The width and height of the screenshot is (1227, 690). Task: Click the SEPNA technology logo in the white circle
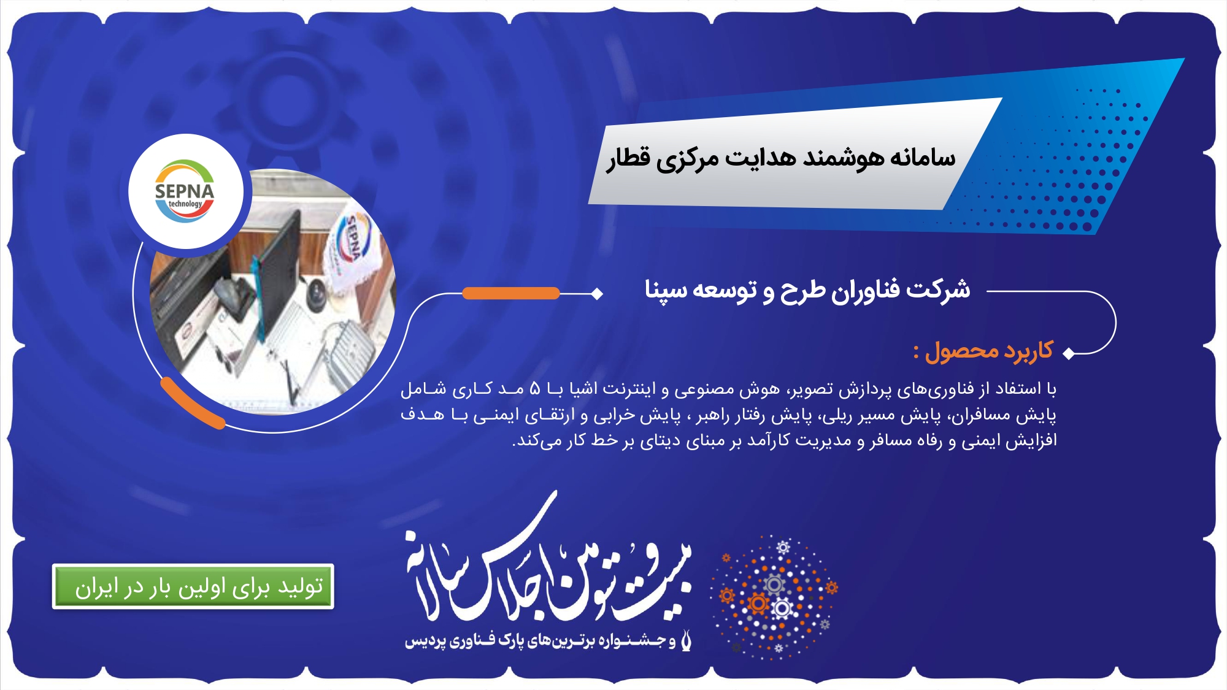[x=185, y=191]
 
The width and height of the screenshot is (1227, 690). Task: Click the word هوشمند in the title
[x=844, y=158]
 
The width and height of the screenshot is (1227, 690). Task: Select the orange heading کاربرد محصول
[x=983, y=351]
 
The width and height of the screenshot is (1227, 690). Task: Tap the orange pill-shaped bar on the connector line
[x=511, y=293]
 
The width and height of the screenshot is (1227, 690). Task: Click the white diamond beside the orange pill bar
[x=597, y=294]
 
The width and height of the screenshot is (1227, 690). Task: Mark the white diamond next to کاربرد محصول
[x=1069, y=353]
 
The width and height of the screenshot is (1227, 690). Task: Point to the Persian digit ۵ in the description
[x=535, y=389]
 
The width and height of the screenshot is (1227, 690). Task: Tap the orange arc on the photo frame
[x=191, y=404]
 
